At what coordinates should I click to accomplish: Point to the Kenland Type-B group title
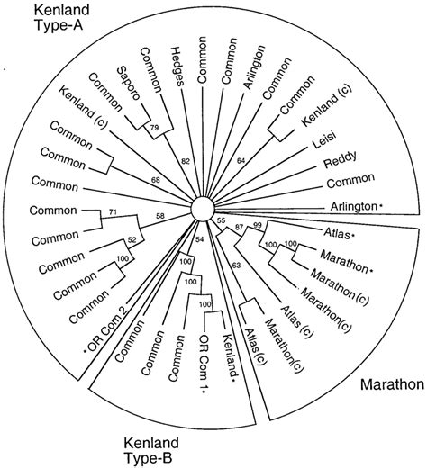click(x=156, y=443)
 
